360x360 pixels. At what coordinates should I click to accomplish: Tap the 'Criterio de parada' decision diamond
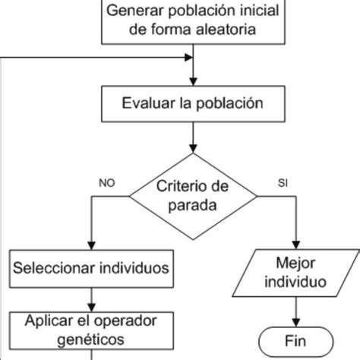pos(193,196)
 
